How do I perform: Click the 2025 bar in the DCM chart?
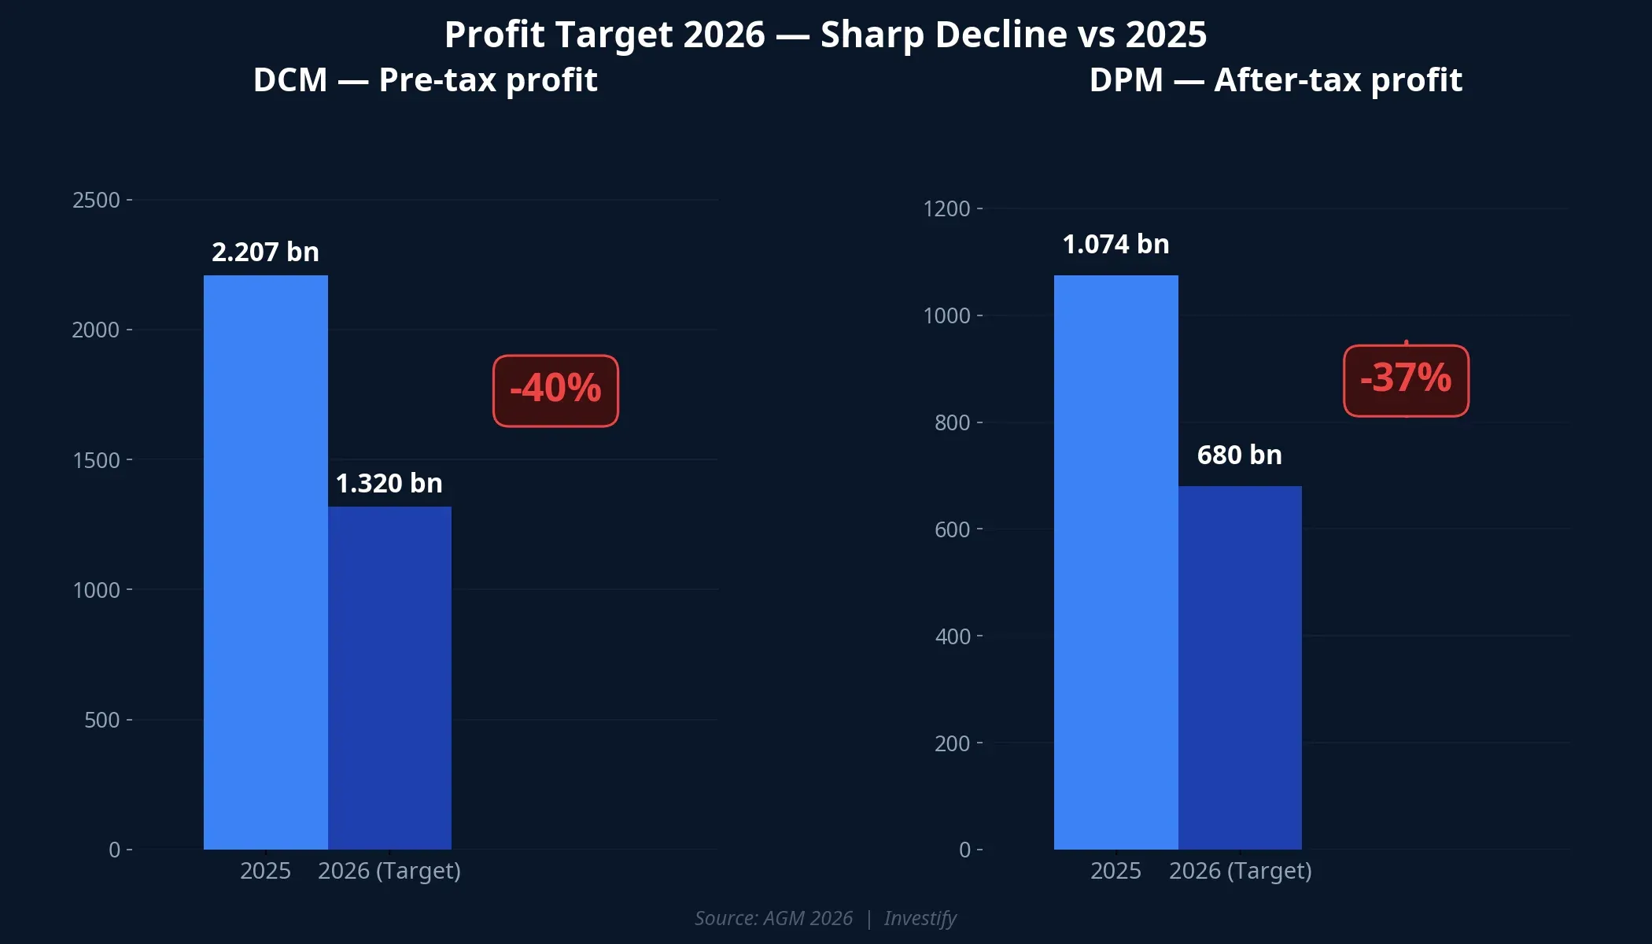[265, 562]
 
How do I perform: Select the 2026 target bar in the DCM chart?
[389, 677]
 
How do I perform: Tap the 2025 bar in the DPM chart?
[1115, 562]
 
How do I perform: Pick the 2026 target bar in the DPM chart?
[1240, 667]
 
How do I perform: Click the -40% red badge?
[555, 390]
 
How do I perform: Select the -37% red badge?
[1406, 380]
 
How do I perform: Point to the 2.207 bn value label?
[265, 252]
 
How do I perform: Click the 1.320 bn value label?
[389, 483]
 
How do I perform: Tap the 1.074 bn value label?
[1115, 244]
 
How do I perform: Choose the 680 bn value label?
[1239, 455]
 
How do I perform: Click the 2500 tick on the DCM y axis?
[96, 200]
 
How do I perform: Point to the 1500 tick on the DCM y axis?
[96, 460]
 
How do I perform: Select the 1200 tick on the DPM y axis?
[946, 208]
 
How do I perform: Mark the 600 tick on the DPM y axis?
[952, 529]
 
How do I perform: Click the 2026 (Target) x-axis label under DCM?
[389, 871]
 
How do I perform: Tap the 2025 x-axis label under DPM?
[1115, 871]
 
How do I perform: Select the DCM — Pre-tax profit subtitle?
[425, 80]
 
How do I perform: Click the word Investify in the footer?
[920, 918]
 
